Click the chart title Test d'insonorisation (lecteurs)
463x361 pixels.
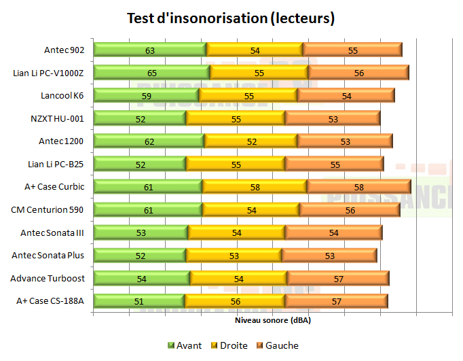click(231, 18)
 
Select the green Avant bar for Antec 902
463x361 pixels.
click(149, 50)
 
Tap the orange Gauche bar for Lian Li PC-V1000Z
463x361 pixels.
click(358, 73)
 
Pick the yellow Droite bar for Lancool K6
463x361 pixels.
click(248, 96)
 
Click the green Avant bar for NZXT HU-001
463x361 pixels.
click(139, 118)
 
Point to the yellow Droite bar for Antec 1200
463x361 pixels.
click(251, 141)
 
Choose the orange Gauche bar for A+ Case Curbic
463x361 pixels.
click(358, 187)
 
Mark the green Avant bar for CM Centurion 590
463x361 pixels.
click(148, 210)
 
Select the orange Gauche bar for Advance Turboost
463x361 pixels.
click(337, 279)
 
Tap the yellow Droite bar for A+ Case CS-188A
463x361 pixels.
click(234, 301)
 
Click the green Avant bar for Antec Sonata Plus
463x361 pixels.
click(139, 256)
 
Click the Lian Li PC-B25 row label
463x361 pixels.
click(56, 164)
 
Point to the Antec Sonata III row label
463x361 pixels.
click(52, 233)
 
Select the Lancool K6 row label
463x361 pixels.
click(62, 95)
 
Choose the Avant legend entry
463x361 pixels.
click(184, 345)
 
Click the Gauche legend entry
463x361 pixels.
click(277, 345)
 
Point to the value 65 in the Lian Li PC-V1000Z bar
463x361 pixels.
click(152, 73)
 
